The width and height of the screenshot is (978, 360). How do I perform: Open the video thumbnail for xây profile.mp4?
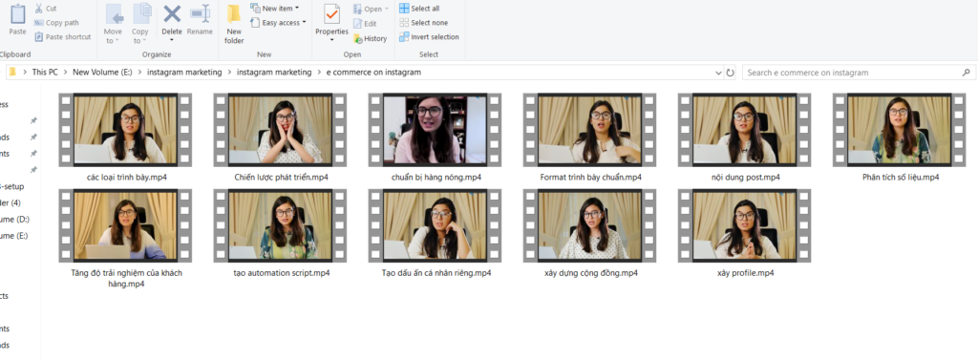pos(745,225)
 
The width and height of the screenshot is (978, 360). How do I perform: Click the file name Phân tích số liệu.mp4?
pos(900,178)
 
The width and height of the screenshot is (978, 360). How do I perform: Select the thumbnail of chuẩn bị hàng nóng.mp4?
pos(435,130)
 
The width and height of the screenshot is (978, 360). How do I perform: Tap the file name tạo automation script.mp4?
pos(280,273)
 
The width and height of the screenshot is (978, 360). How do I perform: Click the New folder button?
pos(235,24)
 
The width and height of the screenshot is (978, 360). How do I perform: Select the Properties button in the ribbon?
pos(331,24)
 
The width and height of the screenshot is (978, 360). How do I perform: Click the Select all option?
pos(420,8)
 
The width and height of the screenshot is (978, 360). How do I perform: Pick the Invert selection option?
pos(429,37)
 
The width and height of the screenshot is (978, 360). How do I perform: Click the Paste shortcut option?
pos(62,37)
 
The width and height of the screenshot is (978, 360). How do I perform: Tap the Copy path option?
pos(56,23)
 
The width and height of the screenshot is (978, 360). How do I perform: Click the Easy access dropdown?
pos(278,23)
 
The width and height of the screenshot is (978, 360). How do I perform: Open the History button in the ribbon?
pos(370,39)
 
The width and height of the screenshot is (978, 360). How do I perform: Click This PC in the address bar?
pos(45,73)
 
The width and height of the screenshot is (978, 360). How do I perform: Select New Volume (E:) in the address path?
pos(103,73)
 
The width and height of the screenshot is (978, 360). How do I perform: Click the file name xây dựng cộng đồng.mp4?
pos(590,273)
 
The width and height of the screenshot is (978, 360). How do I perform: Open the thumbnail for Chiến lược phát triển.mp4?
pos(280,130)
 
